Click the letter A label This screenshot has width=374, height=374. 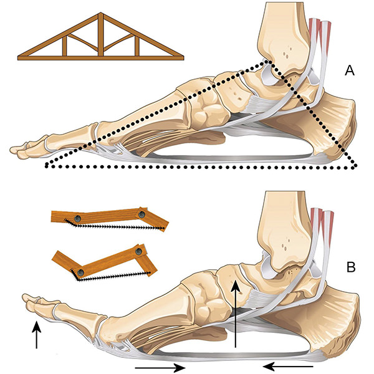pos(350,72)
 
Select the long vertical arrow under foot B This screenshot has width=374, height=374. pos(235,315)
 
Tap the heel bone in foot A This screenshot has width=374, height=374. pos(330,125)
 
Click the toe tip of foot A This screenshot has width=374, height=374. pos(15,150)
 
